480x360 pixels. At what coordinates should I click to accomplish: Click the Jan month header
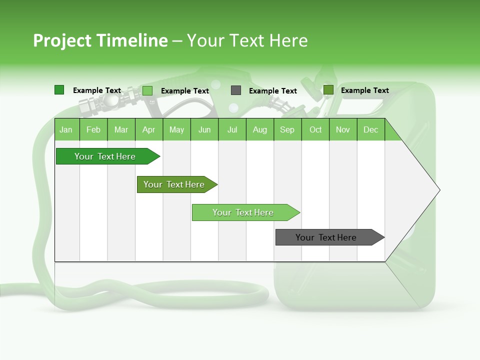pos(66,129)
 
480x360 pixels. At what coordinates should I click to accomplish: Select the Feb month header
pos(93,129)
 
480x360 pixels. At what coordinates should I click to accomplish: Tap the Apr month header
pos(148,129)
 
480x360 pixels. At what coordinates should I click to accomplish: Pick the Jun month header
pos(204,129)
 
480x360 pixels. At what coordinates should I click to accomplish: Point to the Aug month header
pos(259,129)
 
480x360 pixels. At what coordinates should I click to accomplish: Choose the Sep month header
pos(287,129)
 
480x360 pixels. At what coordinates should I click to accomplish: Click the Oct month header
pos(315,129)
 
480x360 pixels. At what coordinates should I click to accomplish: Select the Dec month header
pos(370,129)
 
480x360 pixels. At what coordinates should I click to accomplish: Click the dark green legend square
pos(59,90)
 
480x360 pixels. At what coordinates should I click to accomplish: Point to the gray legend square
pos(236,90)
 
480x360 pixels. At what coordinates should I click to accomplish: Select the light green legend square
pos(147,90)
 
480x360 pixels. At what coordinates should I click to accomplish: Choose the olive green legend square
pos(328,90)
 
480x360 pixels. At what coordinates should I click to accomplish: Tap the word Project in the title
pos(62,40)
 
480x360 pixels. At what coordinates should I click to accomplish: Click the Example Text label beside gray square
pos(273,91)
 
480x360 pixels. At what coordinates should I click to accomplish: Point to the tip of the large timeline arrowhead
pos(439,190)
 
